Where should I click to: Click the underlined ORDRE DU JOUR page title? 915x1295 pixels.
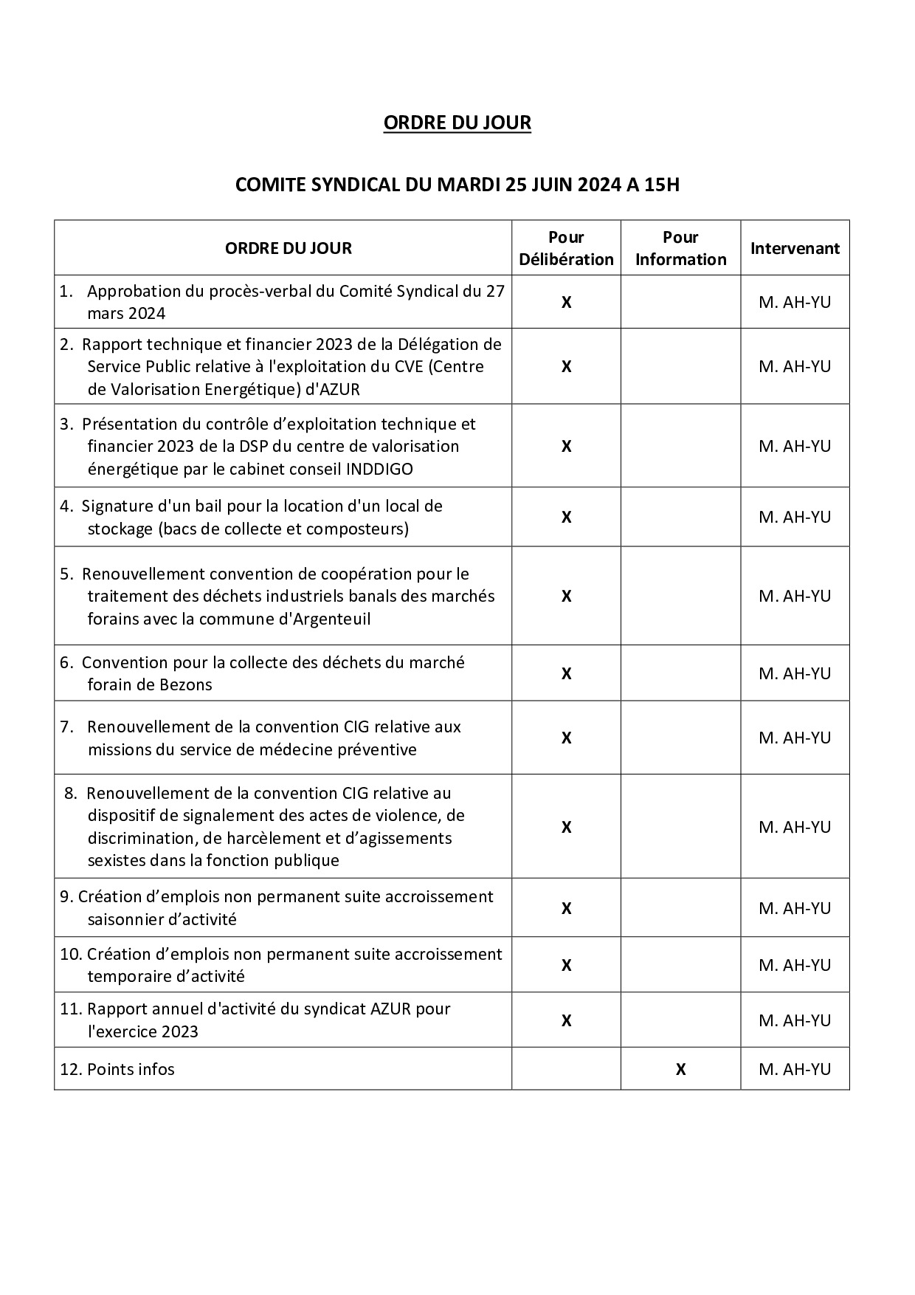(x=457, y=123)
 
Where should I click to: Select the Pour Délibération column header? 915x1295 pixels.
(x=566, y=248)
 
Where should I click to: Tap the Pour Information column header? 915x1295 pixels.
(x=680, y=248)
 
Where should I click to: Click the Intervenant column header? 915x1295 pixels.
(x=795, y=248)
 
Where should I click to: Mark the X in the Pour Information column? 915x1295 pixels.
(x=680, y=1069)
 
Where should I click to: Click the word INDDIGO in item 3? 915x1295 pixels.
(x=379, y=469)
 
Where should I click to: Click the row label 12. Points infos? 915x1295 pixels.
(x=117, y=1069)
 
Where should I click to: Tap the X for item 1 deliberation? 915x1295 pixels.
(x=566, y=302)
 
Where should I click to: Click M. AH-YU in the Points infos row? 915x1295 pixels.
(x=795, y=1069)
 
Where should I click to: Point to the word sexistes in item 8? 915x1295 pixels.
(x=116, y=860)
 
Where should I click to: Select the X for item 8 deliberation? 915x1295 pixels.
(x=566, y=827)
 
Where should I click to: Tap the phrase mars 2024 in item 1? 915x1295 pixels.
(x=126, y=313)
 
